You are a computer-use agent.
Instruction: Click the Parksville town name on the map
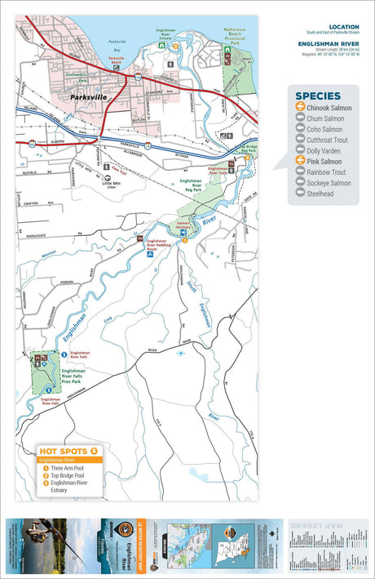point(90,96)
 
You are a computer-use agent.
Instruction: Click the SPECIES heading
point(317,96)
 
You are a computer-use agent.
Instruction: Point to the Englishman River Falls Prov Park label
point(86,377)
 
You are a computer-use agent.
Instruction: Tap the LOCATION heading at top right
point(343,26)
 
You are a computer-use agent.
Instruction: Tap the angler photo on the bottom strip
point(41,542)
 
